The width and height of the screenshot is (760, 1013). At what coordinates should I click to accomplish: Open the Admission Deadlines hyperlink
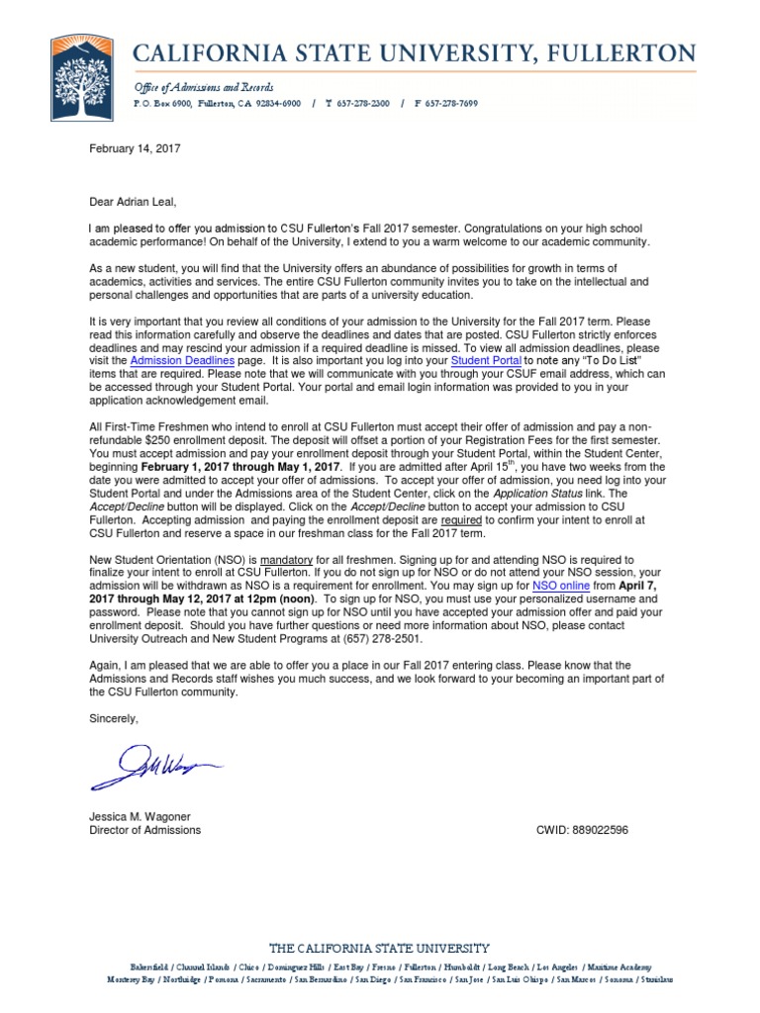(182, 362)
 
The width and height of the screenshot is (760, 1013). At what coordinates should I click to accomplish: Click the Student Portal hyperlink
(486, 362)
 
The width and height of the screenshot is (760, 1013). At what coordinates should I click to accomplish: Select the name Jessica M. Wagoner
(140, 816)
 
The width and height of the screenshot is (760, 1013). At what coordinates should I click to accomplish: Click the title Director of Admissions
(144, 830)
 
